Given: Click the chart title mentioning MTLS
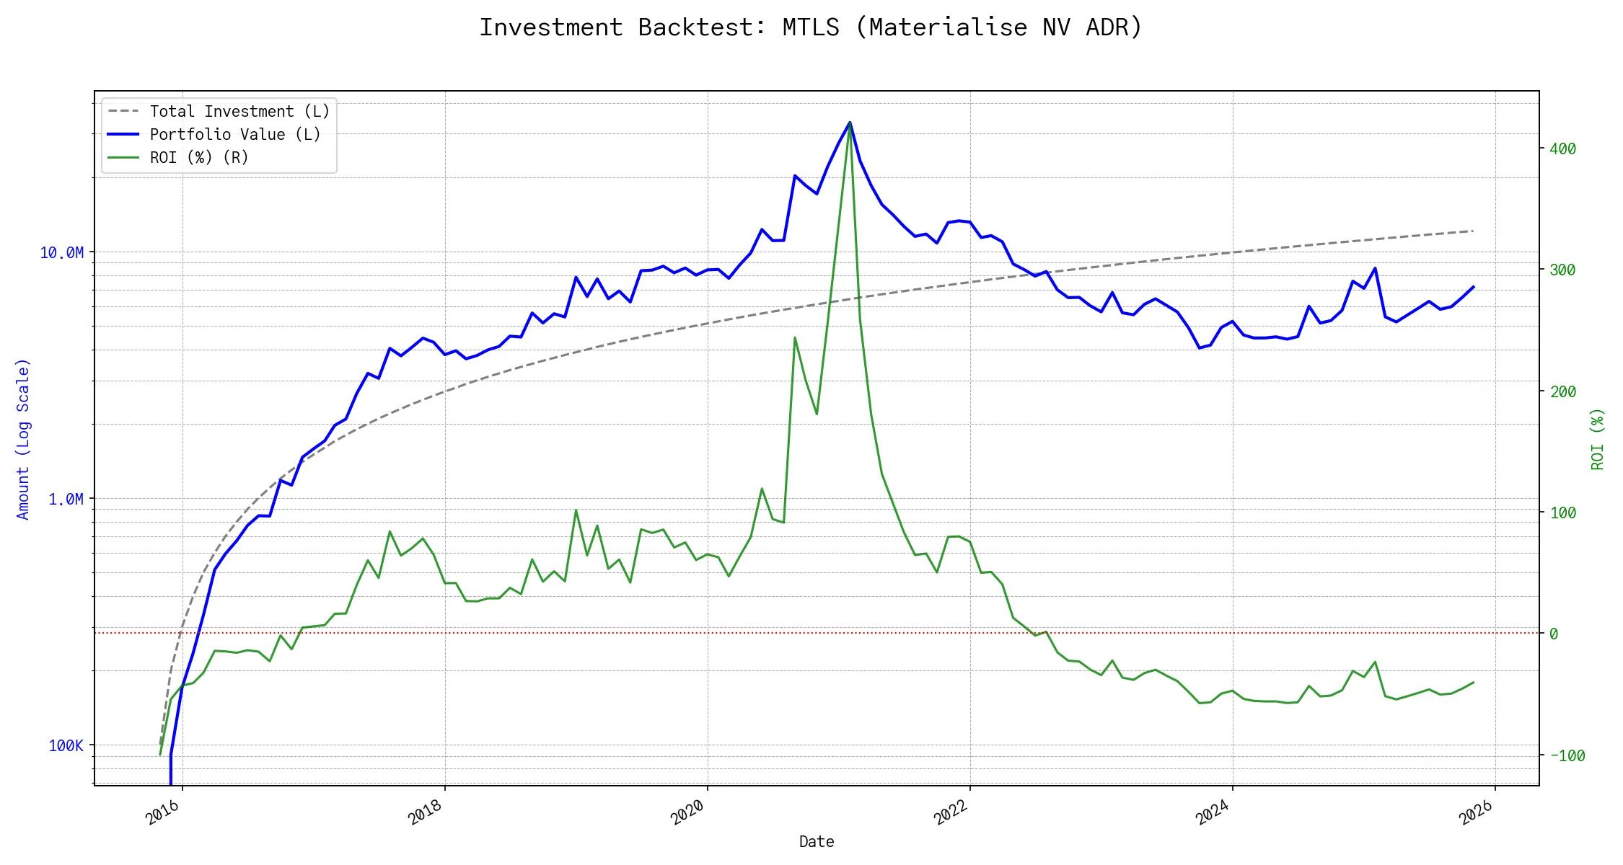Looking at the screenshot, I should point(811,27).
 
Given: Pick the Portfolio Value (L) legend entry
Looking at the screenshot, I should point(234,135).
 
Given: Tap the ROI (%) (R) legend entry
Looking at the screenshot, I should point(199,158).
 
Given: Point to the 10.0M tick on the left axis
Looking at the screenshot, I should point(62,253).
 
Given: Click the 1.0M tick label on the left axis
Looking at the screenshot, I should point(66,500).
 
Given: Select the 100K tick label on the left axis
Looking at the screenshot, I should point(66,746).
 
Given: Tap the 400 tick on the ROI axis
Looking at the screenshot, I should point(1562,149).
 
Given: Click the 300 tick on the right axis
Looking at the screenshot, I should point(1562,270).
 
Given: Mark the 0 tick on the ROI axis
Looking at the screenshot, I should point(1554,634).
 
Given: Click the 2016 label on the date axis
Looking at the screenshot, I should point(163,813).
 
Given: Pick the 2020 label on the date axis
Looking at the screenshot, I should point(687,813).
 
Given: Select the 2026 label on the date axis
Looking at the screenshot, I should point(1476,813).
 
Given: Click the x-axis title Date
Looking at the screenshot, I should point(817,842).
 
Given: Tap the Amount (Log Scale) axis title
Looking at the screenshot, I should point(23,439).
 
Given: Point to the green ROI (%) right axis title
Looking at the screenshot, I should point(1598,439).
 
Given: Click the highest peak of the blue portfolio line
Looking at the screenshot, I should point(850,123).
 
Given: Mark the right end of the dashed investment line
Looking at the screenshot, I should point(1473,231).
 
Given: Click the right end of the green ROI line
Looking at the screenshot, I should point(1474,683).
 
